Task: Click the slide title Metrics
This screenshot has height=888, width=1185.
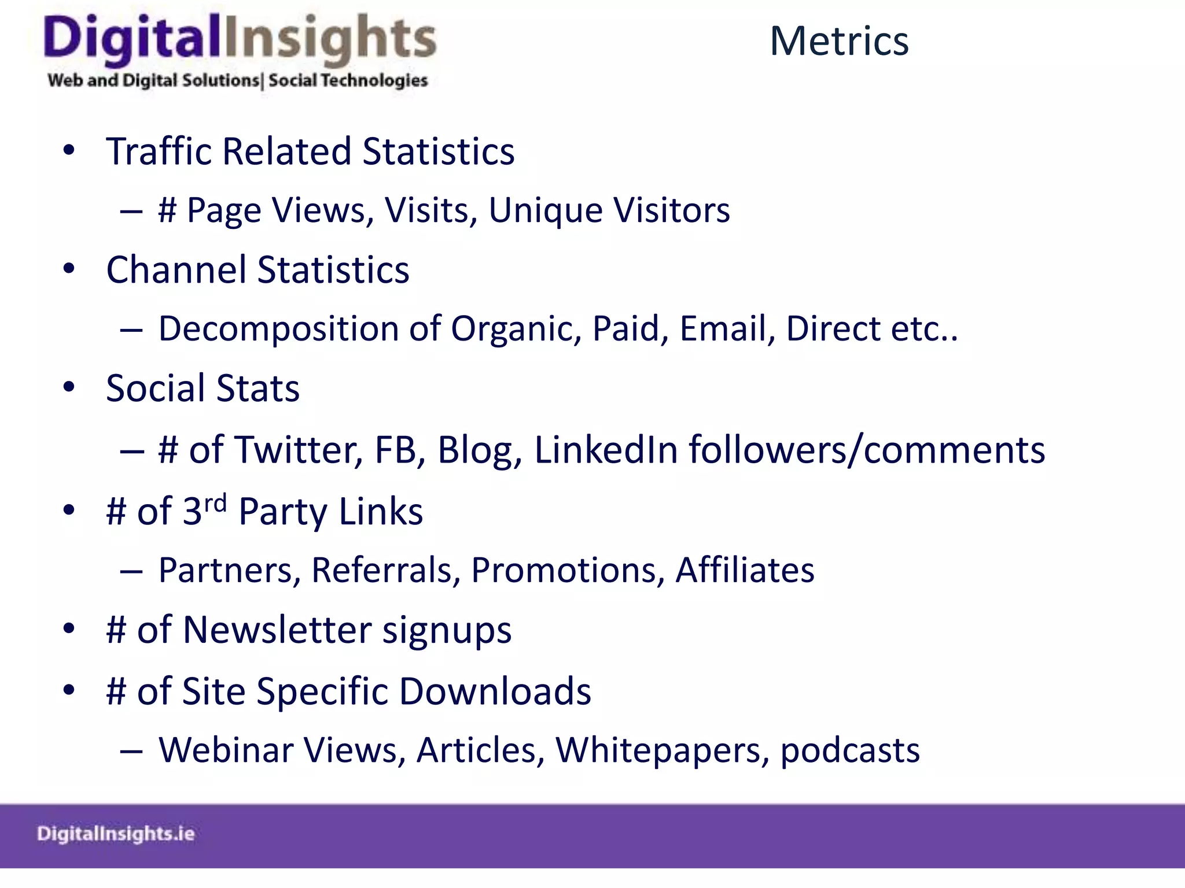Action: point(839,42)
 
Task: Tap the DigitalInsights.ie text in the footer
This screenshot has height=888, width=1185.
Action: point(116,834)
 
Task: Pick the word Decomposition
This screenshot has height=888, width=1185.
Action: point(279,330)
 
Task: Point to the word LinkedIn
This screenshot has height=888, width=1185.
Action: point(605,450)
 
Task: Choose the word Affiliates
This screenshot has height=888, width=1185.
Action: point(745,570)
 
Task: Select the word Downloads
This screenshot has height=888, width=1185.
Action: point(495,691)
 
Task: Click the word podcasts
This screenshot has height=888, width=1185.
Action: point(849,750)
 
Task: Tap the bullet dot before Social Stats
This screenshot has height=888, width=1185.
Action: point(69,387)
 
